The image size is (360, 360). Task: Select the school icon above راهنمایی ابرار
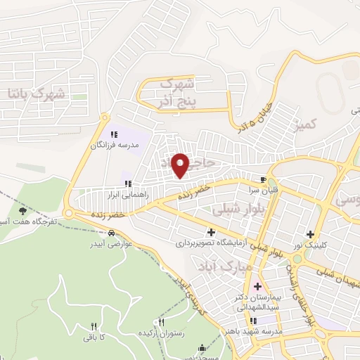(x=127, y=184)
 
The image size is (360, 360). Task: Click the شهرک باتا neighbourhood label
(x=35, y=92)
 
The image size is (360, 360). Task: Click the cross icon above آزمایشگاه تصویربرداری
(x=210, y=232)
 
